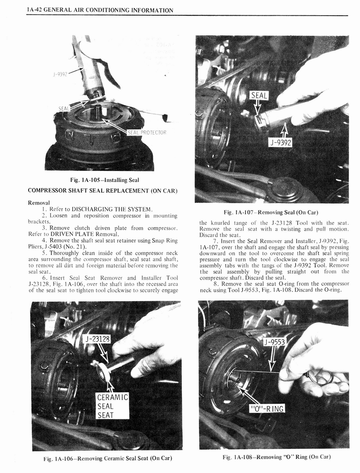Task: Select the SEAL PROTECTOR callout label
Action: pyautogui.click(x=147, y=133)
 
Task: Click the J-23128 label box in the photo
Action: pyautogui.click(x=98, y=340)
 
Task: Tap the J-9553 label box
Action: pyautogui.click(x=275, y=342)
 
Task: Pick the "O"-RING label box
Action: pyautogui.click(x=267, y=408)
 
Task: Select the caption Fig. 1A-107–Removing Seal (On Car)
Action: pyautogui.click(x=271, y=212)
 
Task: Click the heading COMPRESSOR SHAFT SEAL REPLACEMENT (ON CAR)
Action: pyautogui.click(x=102, y=190)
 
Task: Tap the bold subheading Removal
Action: pyautogui.click(x=39, y=202)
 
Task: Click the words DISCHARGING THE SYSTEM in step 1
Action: pyautogui.click(x=109, y=209)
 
